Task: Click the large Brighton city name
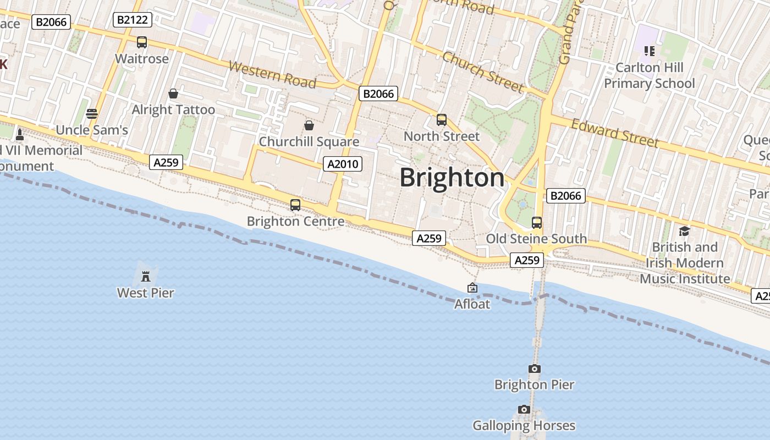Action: [452, 178]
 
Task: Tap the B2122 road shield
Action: [133, 20]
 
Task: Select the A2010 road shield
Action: [342, 164]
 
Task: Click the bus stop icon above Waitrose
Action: [142, 42]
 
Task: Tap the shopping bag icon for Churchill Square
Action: [309, 125]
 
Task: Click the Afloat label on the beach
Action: [472, 304]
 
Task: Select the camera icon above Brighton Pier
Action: [534, 369]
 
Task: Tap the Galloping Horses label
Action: [524, 426]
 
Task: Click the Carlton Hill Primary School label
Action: [650, 75]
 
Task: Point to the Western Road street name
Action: [272, 75]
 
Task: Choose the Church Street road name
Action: [483, 72]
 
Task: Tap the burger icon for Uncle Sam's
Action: [92, 114]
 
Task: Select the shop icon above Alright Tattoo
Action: [173, 94]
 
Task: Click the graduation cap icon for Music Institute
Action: [684, 231]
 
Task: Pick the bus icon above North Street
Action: [441, 120]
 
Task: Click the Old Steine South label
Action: [536, 239]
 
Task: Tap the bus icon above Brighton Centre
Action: [295, 205]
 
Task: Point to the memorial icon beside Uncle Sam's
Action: [20, 134]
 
